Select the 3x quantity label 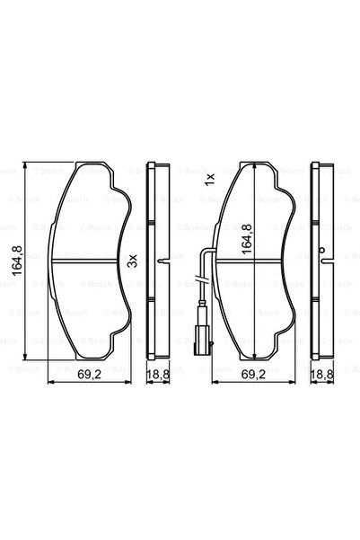tap(132, 261)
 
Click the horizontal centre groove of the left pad tap(87, 261)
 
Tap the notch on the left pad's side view tap(160, 261)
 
